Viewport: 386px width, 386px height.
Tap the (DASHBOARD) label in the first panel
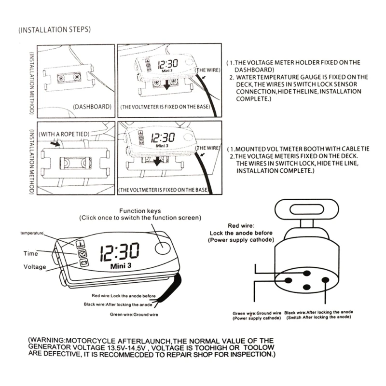click(x=92, y=106)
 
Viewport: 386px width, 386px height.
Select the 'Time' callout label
click(x=30, y=253)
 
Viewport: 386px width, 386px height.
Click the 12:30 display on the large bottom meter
click(x=119, y=251)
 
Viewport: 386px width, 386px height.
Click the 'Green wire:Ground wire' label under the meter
click(x=134, y=315)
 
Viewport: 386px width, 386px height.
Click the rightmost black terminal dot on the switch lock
click(x=325, y=279)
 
